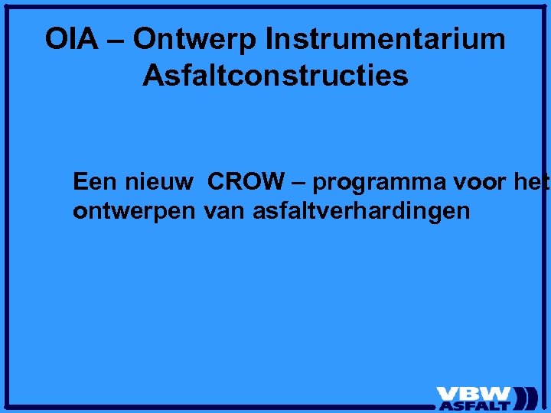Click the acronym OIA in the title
click(71, 39)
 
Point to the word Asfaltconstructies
click(275, 76)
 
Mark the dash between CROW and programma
click(299, 184)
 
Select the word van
click(223, 212)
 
